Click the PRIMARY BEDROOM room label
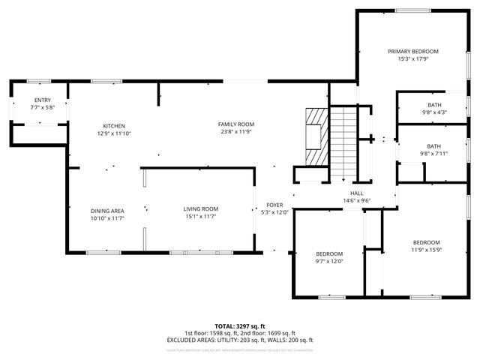(x=412, y=51)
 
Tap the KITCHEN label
(x=114, y=125)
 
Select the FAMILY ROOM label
(x=236, y=124)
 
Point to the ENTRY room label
(x=43, y=100)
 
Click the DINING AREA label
(x=107, y=211)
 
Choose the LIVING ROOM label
(x=200, y=208)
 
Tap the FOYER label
(x=274, y=205)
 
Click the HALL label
(x=356, y=193)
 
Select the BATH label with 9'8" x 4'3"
(x=434, y=104)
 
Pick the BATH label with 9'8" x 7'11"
(x=434, y=146)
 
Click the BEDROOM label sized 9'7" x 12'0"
(x=328, y=253)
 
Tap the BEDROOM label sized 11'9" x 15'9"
(x=426, y=242)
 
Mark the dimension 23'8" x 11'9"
(x=236, y=132)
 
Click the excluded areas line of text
(x=239, y=340)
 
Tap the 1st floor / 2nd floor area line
(x=239, y=333)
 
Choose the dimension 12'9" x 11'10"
(x=114, y=133)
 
